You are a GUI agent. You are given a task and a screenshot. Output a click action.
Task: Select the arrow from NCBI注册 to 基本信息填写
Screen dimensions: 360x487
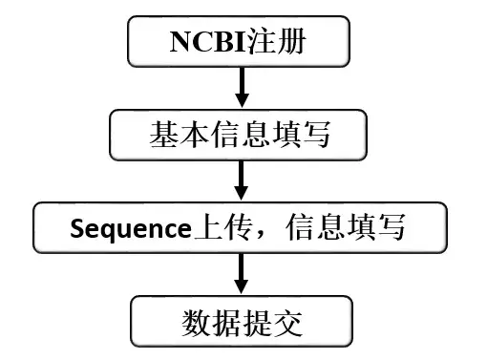click(241, 88)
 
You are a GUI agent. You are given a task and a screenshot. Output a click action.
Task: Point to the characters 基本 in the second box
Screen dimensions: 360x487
click(178, 136)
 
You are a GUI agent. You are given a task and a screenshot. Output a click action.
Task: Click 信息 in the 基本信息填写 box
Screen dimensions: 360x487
click(240, 136)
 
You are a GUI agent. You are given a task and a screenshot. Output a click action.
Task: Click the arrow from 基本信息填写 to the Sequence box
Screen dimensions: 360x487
click(241, 180)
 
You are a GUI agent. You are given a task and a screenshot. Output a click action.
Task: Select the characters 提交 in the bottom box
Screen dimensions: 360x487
click(272, 324)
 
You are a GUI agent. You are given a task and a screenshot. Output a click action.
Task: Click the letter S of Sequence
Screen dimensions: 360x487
click(75, 229)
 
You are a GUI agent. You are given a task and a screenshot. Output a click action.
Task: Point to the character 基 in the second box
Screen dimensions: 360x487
click(162, 136)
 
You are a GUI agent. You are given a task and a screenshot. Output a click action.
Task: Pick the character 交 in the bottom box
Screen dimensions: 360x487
click(287, 324)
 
